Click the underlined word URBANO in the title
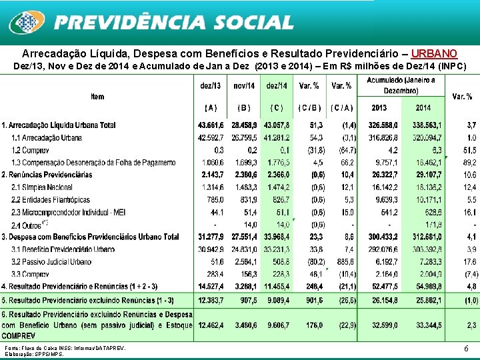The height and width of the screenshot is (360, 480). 434,53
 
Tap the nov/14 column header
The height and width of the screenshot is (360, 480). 244,85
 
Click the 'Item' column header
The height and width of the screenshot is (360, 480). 98,97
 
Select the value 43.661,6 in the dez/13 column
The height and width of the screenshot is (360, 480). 211,125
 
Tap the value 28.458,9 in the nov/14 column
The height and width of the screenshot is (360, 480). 244,125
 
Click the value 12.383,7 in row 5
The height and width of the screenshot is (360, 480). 211,299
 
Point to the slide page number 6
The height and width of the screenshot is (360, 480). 465,348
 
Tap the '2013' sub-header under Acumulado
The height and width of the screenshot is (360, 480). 379,107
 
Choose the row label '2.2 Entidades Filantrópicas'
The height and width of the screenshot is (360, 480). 51,199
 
